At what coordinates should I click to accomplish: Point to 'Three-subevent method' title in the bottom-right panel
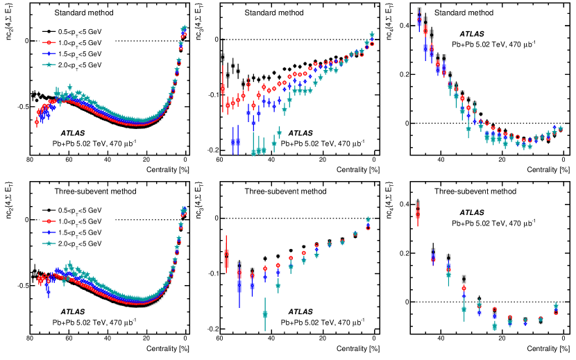[x=475, y=191]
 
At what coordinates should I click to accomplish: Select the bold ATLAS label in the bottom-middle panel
[x=300, y=312]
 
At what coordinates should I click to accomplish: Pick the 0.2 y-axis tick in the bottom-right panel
[x=398, y=253]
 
